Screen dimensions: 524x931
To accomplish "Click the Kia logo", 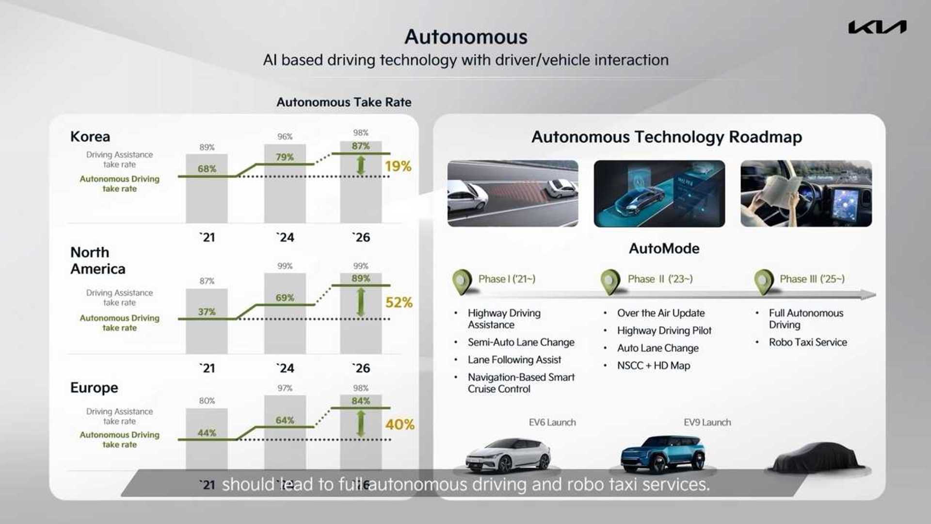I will click(x=877, y=27).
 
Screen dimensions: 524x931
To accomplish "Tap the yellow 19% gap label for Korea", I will click(x=398, y=166).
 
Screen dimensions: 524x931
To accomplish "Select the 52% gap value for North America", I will click(x=399, y=303).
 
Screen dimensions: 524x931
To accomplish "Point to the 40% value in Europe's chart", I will click(x=400, y=425).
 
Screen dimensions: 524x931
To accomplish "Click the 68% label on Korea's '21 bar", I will click(x=207, y=169).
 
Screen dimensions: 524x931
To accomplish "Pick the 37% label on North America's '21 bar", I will click(x=207, y=311).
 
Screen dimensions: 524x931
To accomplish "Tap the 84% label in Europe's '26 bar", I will click(x=361, y=401).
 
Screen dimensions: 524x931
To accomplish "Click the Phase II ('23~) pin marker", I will click(x=610, y=281).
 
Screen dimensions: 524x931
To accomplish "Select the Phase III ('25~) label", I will click(x=812, y=279).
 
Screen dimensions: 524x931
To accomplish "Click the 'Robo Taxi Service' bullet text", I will click(x=807, y=342).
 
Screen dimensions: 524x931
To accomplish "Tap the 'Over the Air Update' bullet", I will click(x=660, y=313).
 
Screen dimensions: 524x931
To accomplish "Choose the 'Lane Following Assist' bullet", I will click(x=514, y=360).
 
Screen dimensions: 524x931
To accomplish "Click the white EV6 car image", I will click(x=508, y=455).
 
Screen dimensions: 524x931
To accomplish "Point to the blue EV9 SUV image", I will click(x=663, y=454).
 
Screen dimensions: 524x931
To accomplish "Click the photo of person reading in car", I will click(x=806, y=194).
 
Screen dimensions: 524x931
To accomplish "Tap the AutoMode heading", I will click(x=664, y=248).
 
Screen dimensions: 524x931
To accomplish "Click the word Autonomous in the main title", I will click(x=465, y=37).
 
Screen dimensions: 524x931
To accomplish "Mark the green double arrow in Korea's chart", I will click(x=360, y=165).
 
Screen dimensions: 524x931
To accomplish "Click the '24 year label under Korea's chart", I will click(x=285, y=237).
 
